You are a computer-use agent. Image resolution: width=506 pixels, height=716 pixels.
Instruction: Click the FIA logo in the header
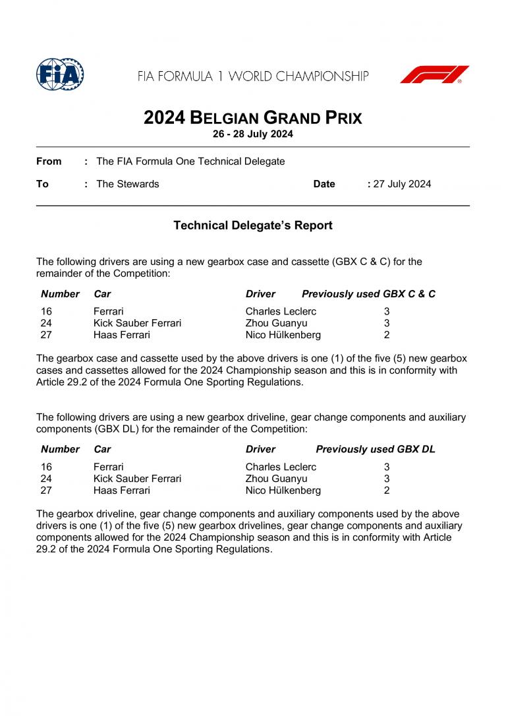60,75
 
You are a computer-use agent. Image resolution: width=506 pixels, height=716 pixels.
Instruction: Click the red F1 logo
434,75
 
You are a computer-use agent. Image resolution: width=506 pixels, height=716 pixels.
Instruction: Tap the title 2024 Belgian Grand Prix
253,118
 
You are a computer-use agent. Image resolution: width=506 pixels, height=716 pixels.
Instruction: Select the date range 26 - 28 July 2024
253,134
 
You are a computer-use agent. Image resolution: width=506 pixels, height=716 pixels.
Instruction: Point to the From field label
49,162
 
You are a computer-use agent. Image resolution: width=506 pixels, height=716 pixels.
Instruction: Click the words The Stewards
128,184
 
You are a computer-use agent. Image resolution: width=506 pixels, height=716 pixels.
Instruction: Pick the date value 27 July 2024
402,184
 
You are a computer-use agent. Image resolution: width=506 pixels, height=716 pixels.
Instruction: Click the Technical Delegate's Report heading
253,225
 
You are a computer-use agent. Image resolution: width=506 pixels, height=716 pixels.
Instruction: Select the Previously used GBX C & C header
368,294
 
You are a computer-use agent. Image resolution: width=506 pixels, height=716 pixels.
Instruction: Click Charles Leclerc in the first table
281,311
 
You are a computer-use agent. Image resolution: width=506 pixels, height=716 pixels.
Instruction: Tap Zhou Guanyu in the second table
276,479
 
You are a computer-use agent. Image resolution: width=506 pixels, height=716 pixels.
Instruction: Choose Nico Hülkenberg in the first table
283,335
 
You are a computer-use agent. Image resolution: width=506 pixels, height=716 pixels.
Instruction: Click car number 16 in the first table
46,311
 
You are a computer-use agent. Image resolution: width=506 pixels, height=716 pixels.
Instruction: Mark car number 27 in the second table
46,491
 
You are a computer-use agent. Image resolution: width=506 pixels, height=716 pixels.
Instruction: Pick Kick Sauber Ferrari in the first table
137,323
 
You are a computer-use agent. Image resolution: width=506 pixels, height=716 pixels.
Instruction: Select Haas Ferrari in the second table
122,491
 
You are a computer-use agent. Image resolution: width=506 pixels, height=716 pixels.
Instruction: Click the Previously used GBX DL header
376,450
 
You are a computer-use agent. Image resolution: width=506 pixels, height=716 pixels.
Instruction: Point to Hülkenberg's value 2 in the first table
387,335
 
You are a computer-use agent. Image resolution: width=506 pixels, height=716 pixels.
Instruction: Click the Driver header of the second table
260,450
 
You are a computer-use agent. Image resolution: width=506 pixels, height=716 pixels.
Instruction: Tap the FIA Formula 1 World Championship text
253,76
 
